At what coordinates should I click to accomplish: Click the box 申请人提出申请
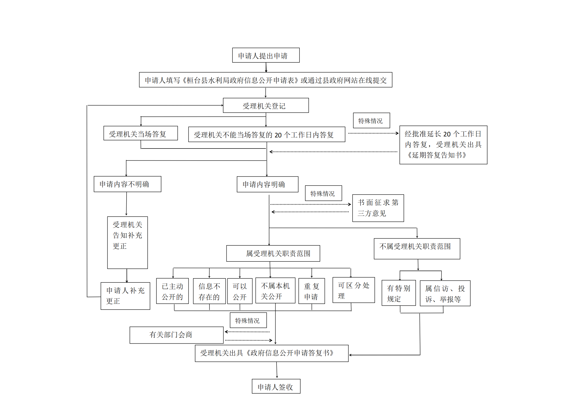coord(266,55)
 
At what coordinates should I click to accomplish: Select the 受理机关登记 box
coord(266,106)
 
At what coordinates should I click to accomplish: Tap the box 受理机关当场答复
coord(141,133)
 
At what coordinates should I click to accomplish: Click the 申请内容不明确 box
coord(127,184)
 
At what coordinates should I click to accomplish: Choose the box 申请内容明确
coord(268,185)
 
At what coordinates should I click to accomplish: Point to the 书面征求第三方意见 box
coord(378,208)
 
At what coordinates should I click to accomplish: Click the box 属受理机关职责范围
coord(273,254)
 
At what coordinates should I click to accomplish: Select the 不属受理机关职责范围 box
coord(417,249)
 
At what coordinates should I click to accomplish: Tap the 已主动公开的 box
coord(172,291)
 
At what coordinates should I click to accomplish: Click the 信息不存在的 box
coord(209,291)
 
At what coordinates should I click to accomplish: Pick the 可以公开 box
coord(240,291)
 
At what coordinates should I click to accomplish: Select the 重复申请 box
coord(312,291)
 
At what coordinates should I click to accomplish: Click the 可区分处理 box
coord(354,290)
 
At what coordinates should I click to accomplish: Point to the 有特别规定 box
coord(399,293)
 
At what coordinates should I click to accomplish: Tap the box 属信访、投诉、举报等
coord(445,293)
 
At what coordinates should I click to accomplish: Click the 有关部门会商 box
coord(176,335)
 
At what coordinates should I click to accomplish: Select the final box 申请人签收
coord(276,386)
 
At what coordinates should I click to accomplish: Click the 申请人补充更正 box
coord(125,296)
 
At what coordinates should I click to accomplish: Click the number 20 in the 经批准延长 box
coord(447,134)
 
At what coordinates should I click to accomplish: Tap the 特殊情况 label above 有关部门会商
coord(248,320)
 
